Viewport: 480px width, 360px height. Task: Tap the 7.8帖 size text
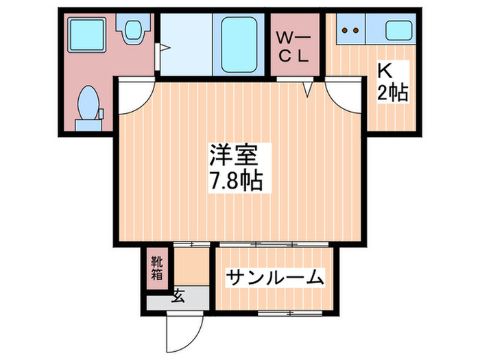[x=234, y=182]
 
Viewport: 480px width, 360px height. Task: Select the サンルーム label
[x=274, y=278]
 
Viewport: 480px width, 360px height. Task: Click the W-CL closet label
[x=293, y=47]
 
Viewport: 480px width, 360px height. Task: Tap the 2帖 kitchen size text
[x=392, y=92]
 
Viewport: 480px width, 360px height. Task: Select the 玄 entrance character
[x=178, y=296]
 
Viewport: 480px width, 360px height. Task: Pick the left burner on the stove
[x=346, y=30]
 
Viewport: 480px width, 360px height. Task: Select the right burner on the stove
[x=357, y=30]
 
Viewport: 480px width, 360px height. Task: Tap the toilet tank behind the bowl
[x=88, y=124]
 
